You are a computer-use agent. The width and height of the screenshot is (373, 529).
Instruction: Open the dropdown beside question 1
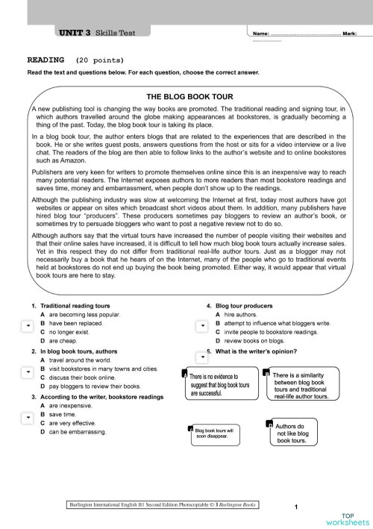coord(25,326)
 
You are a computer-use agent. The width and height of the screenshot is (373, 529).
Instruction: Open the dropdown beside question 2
coord(25,371)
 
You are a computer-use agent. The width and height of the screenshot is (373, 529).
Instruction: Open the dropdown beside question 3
coord(25,416)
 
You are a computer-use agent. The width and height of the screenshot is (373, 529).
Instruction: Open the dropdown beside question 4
coord(201,326)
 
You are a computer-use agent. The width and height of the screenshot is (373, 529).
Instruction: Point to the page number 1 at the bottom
coord(296,507)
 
